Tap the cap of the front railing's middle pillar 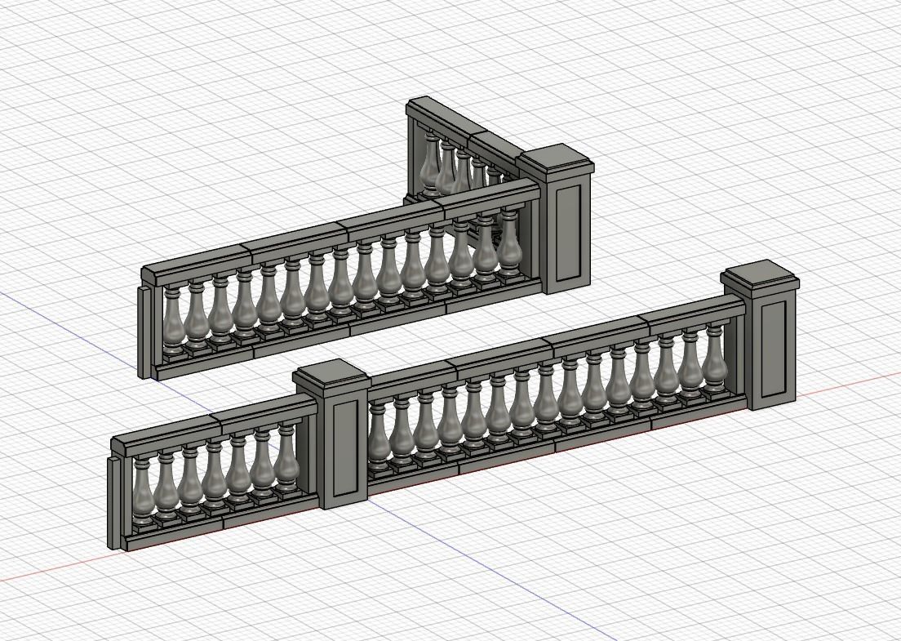330,376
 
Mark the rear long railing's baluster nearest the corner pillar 509,244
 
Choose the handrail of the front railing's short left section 212,425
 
